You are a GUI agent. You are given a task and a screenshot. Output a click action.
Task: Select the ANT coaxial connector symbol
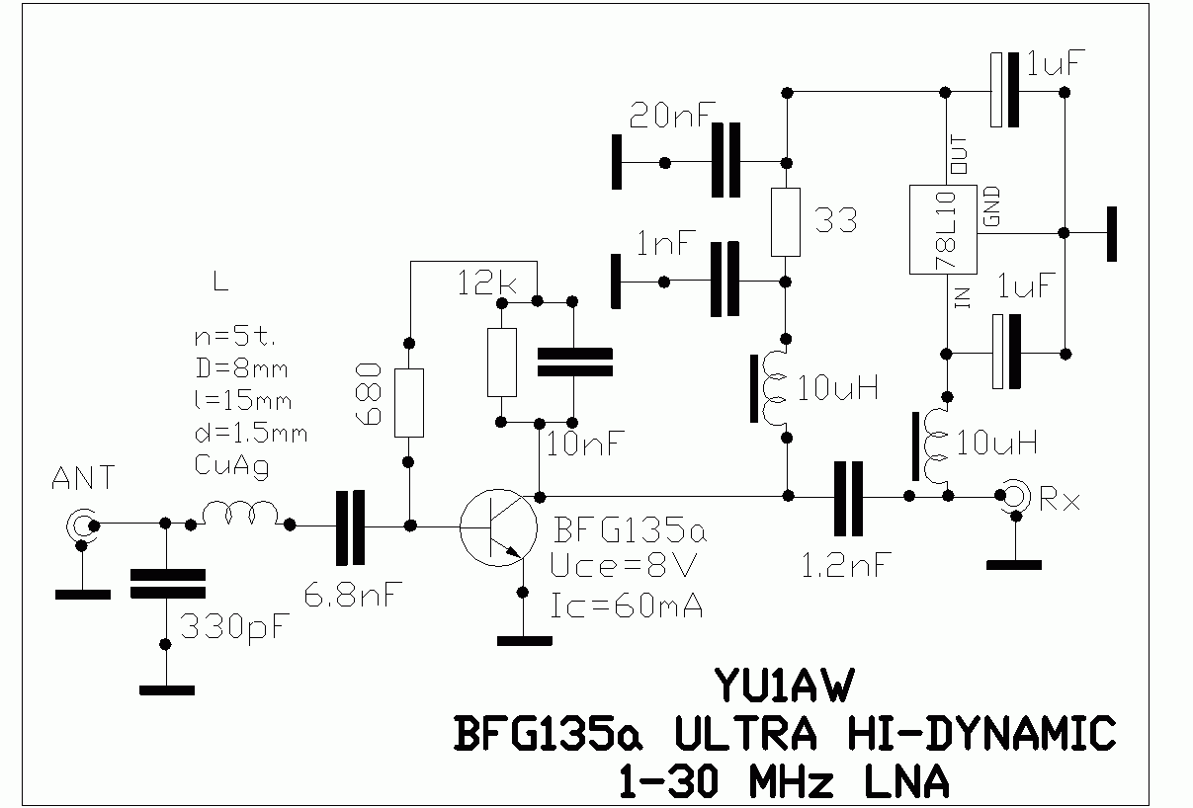[x=80, y=525]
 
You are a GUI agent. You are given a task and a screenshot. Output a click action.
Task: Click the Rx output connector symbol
[x=1012, y=494]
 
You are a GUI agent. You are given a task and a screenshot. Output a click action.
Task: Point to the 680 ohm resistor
[x=408, y=403]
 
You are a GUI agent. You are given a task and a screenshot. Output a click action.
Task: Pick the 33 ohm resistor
[x=787, y=221]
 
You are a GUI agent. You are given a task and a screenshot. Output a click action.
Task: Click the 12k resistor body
[x=502, y=362]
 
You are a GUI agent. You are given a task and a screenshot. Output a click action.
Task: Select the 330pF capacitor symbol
[x=166, y=583]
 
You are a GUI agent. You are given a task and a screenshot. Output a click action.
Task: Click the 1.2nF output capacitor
[x=847, y=494]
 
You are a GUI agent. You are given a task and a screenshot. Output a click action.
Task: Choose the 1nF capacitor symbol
[x=726, y=281]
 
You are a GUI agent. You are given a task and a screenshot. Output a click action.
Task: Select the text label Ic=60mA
[x=627, y=605]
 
